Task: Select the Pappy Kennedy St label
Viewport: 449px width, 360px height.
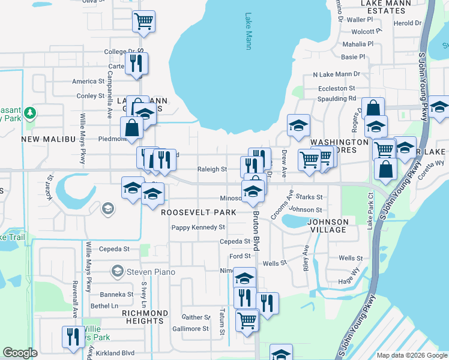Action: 197,227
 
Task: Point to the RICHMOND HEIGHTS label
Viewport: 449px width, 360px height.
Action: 145,317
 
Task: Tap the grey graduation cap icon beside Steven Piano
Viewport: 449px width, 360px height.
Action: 118,272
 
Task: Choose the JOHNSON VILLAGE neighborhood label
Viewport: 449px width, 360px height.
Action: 327,226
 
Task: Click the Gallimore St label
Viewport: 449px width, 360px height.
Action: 188,329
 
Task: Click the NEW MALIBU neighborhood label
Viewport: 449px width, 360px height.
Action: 47,139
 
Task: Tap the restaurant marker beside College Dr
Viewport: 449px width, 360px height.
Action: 136,62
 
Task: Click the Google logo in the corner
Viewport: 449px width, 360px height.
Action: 20,353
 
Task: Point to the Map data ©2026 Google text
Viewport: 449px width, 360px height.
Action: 411,355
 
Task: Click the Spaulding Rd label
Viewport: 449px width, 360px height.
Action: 337,98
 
